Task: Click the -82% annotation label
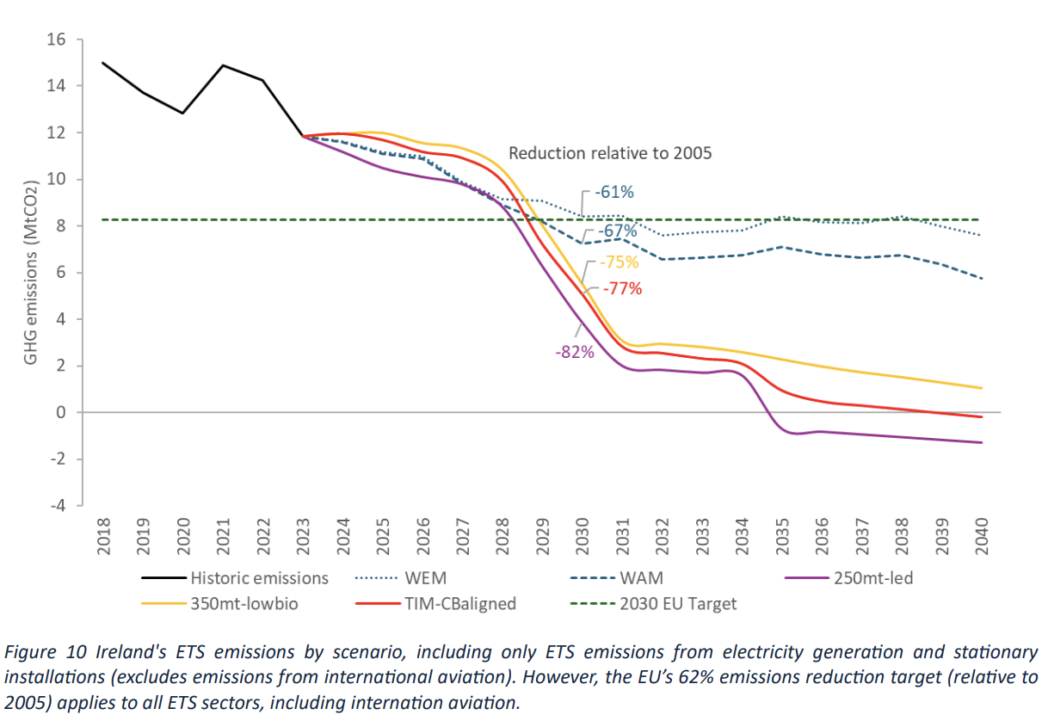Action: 575,352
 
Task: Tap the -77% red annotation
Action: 623,289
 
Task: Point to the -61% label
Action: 614,191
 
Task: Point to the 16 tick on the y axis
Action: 57,40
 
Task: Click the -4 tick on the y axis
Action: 57,506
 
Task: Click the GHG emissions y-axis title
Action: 31,273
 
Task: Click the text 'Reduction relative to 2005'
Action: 609,153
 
